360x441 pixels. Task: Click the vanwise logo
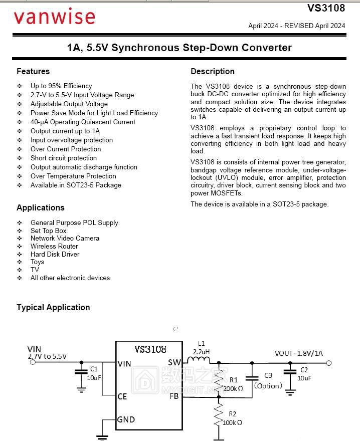click(54, 17)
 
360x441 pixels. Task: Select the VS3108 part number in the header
click(326, 8)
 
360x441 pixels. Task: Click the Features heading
click(33, 71)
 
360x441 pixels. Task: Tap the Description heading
click(213, 71)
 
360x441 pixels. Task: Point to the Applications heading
click(41, 207)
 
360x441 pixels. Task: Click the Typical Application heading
click(53, 307)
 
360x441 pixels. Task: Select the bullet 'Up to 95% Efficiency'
click(61, 86)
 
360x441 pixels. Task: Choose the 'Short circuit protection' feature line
click(64, 158)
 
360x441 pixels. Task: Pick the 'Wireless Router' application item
click(54, 246)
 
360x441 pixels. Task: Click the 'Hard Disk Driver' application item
click(55, 254)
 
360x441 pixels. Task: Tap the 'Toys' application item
click(37, 262)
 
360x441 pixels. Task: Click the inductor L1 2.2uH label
click(202, 347)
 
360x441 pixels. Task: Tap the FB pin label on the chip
click(174, 396)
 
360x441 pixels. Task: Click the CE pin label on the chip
click(122, 396)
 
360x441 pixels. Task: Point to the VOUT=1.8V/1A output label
click(299, 353)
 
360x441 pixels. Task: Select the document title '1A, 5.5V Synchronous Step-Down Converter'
click(179, 48)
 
